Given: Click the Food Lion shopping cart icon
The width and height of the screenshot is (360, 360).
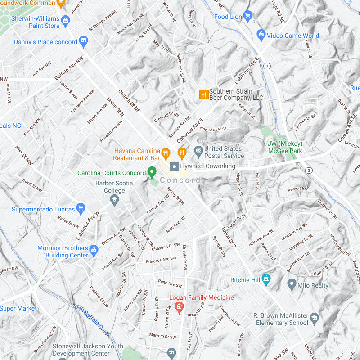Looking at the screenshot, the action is (x=247, y=17).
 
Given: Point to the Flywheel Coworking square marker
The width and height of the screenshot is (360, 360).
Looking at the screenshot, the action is (x=173, y=167).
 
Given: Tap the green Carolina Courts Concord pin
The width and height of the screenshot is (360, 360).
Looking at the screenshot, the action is (x=152, y=172).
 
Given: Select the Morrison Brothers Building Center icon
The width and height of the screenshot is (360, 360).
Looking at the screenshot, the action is (x=94, y=249).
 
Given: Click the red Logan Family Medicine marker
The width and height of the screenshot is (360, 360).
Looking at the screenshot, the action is (x=179, y=307).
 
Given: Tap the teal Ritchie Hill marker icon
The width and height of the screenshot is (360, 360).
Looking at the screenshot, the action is (x=266, y=279).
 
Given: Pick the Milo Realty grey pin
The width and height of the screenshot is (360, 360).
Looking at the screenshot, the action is (x=292, y=284).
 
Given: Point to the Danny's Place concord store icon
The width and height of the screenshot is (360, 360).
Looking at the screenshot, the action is (x=83, y=41).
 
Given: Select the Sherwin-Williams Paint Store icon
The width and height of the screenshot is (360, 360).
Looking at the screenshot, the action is (x=65, y=20).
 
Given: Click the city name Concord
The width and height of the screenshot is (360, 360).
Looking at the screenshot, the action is (x=180, y=180).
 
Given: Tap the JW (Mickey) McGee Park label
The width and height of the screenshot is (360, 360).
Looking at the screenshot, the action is (x=285, y=148).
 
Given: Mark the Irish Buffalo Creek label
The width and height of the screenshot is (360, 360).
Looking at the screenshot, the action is (x=91, y=320).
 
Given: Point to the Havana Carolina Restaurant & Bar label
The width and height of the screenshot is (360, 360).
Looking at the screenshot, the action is (x=137, y=154).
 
